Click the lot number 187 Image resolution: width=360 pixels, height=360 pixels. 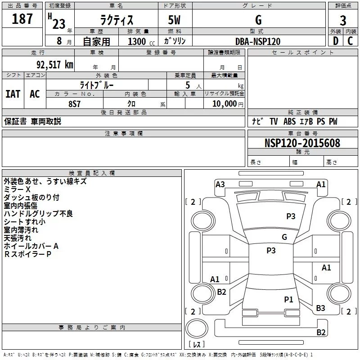coord(22,19)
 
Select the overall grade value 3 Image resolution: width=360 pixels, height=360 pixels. coord(343,21)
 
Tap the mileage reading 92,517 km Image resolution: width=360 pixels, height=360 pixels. coord(54,65)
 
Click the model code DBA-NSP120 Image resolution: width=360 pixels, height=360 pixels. coord(258,41)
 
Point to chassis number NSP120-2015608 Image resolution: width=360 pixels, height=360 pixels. coord(302,143)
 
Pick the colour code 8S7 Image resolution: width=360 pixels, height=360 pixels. coord(74,104)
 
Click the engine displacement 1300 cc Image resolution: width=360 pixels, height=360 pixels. coord(141,41)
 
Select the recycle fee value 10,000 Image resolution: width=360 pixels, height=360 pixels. coord(225,104)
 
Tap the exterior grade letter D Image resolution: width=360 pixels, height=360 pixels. coord(335,41)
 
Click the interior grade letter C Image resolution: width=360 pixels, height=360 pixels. coord(350,41)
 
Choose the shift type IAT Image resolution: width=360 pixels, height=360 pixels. coord(13,94)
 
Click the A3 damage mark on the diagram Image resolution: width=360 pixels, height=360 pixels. coord(220,184)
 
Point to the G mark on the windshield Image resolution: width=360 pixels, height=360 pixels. coord(284,237)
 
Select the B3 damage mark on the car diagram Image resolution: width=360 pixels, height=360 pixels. coord(320,308)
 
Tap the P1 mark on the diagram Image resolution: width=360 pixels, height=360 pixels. coord(288,299)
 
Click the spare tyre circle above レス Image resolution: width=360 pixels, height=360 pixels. coord(197,328)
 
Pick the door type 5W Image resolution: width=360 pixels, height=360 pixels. coord(174,20)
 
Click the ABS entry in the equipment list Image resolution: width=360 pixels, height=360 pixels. coord(289,121)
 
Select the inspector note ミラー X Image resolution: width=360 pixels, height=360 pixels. coord(17,189)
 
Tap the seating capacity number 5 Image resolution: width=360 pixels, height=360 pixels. coord(188,85)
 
